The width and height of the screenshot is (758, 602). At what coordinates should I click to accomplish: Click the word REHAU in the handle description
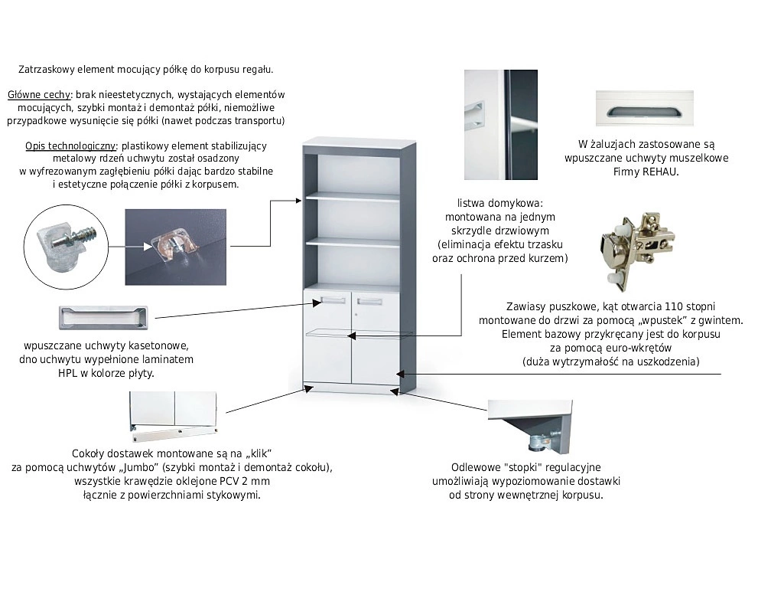click(661, 172)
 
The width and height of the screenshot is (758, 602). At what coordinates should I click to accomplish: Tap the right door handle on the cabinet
click(369, 300)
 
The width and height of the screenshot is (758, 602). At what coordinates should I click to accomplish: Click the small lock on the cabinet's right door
click(356, 314)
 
